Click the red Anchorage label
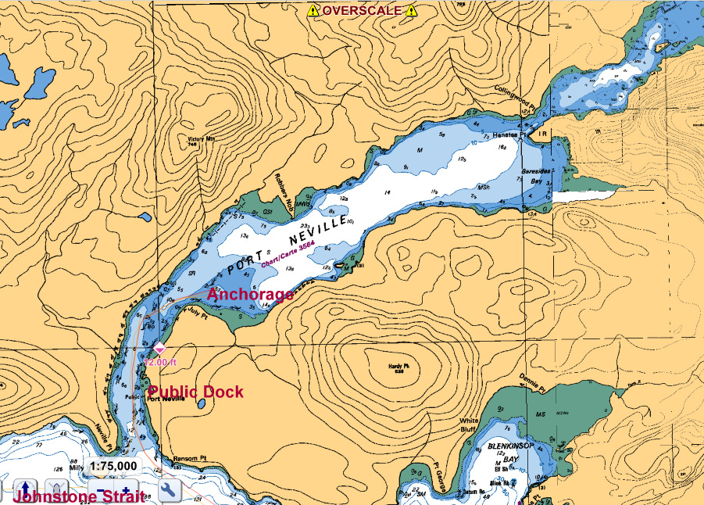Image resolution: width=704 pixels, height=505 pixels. (250, 295)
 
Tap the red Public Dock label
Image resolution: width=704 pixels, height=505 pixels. (196, 392)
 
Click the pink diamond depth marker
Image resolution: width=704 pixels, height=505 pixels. (159, 348)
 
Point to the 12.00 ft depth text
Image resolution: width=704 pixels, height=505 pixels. (162, 362)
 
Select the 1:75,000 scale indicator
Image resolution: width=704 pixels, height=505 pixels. (114, 466)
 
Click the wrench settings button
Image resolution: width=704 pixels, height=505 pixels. (170, 490)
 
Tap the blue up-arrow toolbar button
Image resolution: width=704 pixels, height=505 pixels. (26, 490)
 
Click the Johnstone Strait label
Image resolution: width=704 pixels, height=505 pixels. (79, 497)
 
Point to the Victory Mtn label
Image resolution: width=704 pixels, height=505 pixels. (201, 141)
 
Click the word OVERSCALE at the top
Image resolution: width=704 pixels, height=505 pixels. (363, 10)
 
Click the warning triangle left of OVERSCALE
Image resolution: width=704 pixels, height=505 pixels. (313, 10)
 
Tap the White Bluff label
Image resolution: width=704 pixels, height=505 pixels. (469, 424)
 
